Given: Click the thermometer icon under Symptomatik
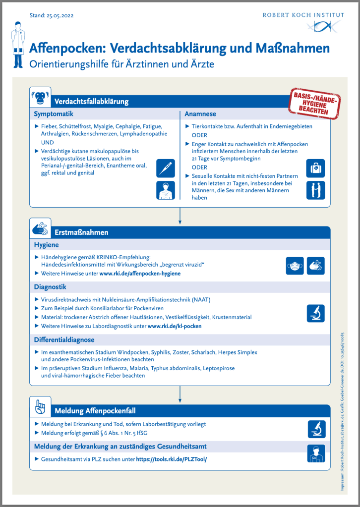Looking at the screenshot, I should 165,168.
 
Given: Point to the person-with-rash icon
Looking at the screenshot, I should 165,190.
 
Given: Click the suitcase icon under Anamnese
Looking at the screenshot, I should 315,168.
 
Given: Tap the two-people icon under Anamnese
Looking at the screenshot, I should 315,190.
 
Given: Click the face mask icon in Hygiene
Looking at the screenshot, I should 295,266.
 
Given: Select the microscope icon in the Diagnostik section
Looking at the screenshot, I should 315,312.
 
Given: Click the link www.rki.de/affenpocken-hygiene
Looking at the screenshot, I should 140,273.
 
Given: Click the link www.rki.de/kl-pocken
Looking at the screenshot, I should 175,326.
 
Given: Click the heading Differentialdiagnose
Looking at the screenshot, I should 64,340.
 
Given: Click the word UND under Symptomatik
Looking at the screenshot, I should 41,142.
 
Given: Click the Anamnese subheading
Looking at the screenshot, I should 200,114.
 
